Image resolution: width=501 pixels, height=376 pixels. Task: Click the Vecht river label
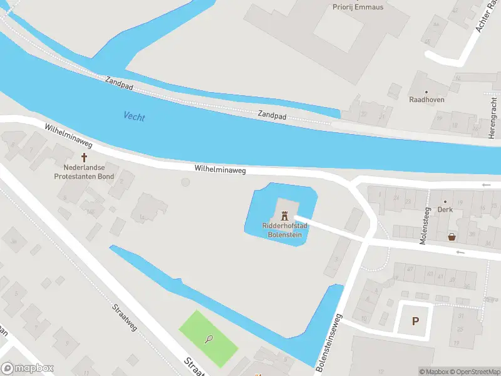[135, 116]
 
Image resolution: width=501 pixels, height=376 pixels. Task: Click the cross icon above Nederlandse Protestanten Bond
[83, 157]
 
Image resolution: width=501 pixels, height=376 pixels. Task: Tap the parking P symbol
[415, 321]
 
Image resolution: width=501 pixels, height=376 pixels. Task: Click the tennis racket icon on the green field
[209, 339]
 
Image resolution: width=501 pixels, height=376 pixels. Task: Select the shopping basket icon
[452, 237]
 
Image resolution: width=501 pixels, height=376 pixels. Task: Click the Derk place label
[445, 209]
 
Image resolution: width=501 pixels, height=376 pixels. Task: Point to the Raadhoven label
[426, 99]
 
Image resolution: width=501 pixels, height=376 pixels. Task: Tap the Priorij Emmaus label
[358, 7]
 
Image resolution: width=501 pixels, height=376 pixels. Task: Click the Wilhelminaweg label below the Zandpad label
[220, 169]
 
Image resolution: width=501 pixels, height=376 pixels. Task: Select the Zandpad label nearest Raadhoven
[272, 116]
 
